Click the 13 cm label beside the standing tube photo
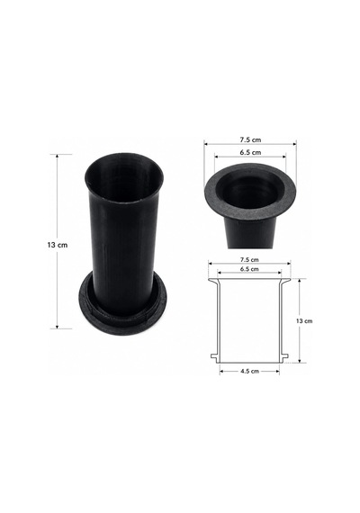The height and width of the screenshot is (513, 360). [x=58, y=245]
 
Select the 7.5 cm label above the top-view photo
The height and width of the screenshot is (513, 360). [x=250, y=139]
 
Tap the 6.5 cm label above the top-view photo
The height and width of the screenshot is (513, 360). [x=250, y=152]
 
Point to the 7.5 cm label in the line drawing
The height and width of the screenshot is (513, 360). [x=249, y=260]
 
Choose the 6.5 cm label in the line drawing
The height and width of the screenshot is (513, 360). [x=249, y=269]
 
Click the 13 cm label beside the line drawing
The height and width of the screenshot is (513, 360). [x=304, y=321]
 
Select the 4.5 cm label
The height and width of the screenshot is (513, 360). [x=249, y=371]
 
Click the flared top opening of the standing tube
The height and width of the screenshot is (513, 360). [x=123, y=178]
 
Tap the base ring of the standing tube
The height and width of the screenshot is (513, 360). [x=122, y=311]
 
